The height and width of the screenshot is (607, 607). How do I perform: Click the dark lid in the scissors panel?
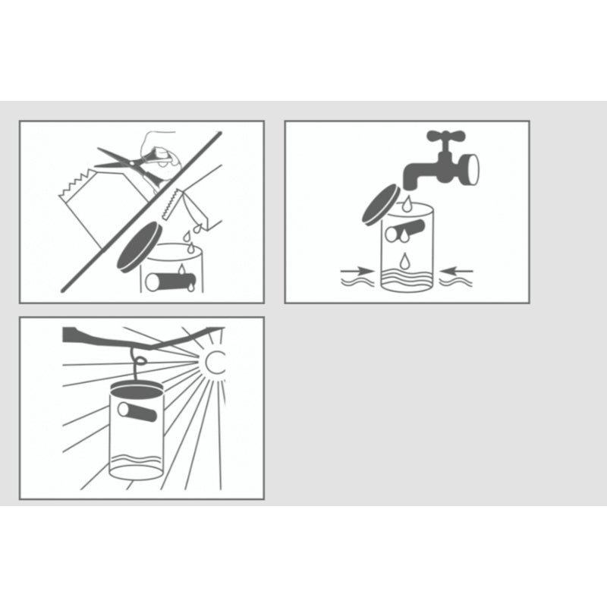[x=139, y=247]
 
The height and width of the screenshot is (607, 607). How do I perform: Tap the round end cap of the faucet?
[x=469, y=168]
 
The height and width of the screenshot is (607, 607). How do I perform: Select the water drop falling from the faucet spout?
[x=408, y=203]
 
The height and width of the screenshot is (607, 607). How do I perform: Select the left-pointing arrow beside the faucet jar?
[x=457, y=269]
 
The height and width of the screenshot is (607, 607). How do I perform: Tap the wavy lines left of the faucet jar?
[x=357, y=283]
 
